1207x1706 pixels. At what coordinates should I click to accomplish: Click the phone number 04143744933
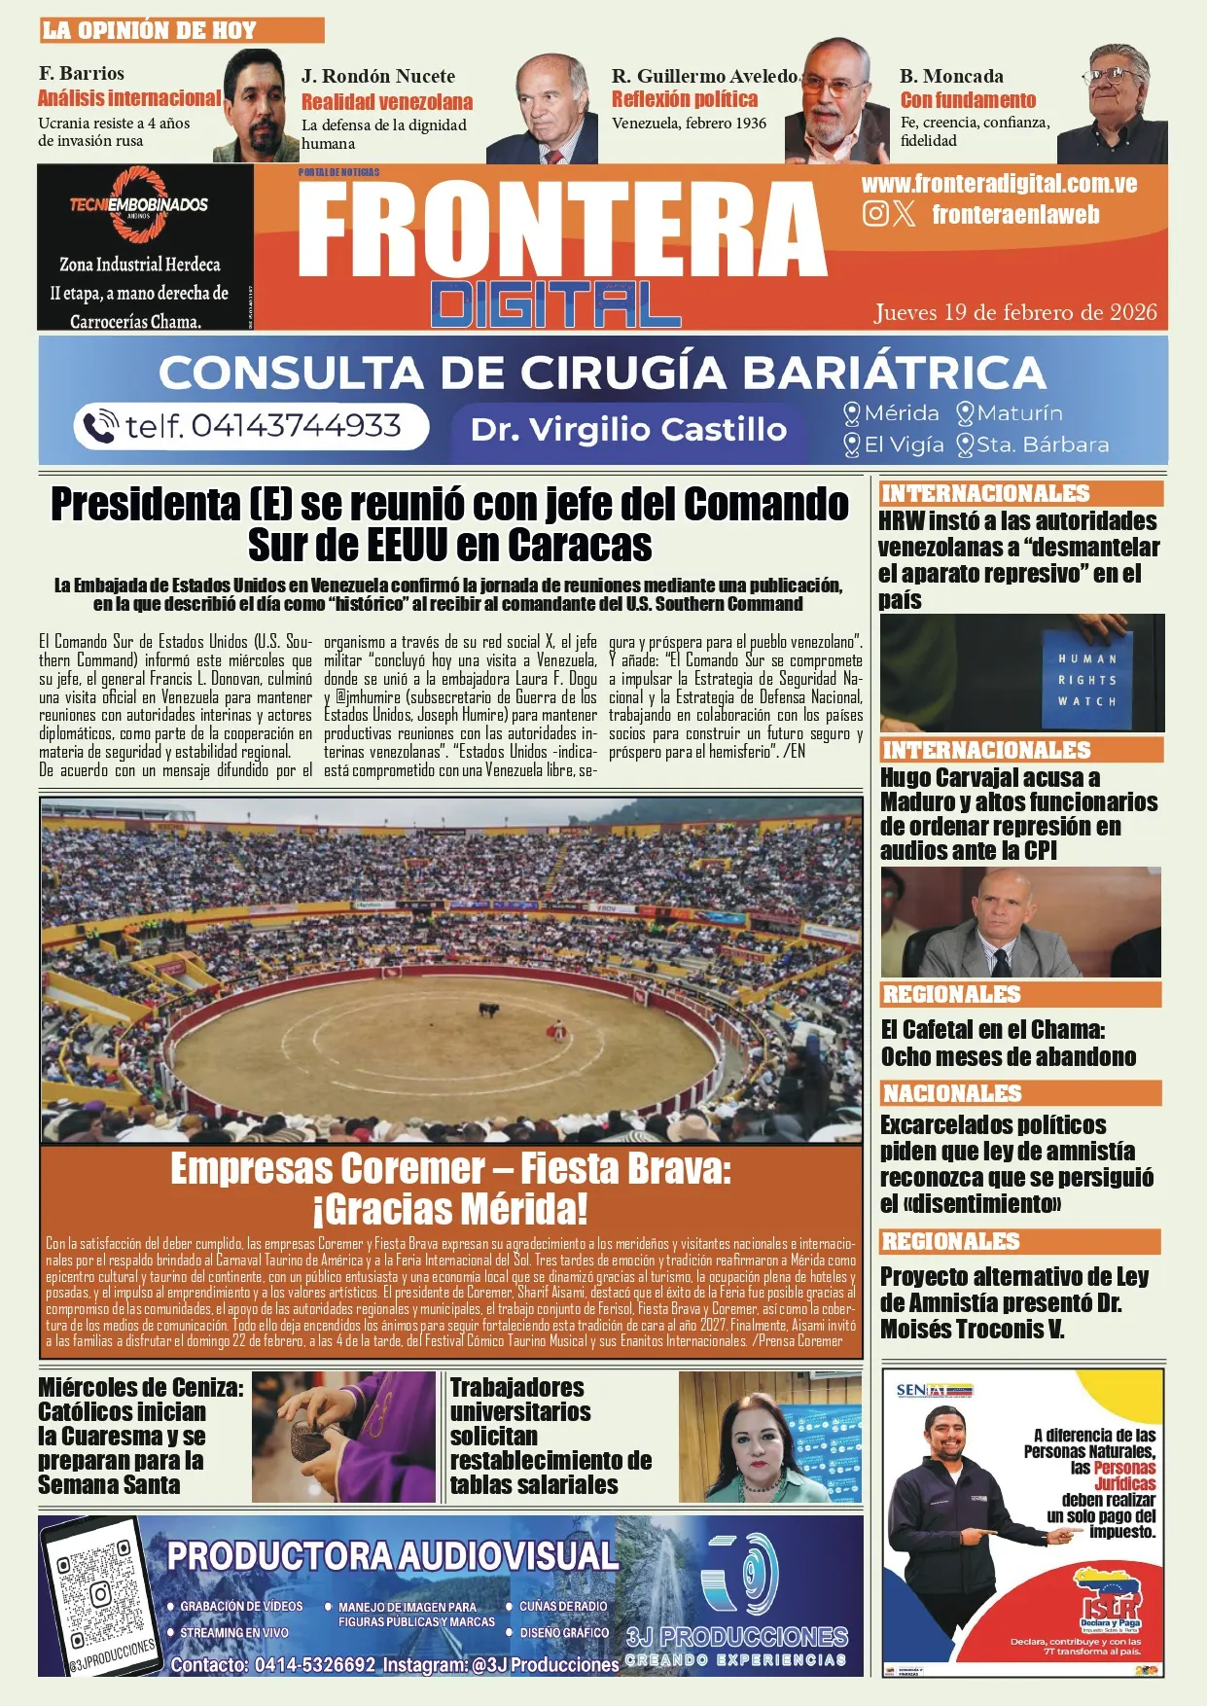[263, 426]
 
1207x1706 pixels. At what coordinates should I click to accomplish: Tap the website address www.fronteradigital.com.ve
[999, 184]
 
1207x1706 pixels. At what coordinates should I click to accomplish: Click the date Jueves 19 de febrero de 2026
[1015, 312]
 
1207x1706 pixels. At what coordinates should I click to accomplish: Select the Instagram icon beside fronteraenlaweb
[875, 214]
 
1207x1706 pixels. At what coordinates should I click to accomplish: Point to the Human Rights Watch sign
[1087, 679]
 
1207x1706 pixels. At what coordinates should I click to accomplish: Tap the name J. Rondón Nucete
[377, 76]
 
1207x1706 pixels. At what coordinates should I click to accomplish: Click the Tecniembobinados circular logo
[138, 205]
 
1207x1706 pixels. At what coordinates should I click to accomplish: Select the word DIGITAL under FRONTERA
[555, 304]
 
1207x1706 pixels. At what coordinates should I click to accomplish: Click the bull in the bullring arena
[488, 1010]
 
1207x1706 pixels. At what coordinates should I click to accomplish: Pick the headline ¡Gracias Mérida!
[450, 1210]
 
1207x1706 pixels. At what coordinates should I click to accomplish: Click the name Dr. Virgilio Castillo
[628, 429]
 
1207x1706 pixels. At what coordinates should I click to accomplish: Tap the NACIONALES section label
[952, 1093]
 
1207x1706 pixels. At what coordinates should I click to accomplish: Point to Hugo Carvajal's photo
[1020, 922]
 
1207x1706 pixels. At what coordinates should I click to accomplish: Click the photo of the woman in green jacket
[769, 1438]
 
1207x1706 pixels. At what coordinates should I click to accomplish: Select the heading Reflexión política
[684, 99]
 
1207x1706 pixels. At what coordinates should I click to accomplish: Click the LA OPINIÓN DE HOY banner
[181, 30]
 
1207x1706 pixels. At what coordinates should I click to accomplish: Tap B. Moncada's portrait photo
[1112, 102]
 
